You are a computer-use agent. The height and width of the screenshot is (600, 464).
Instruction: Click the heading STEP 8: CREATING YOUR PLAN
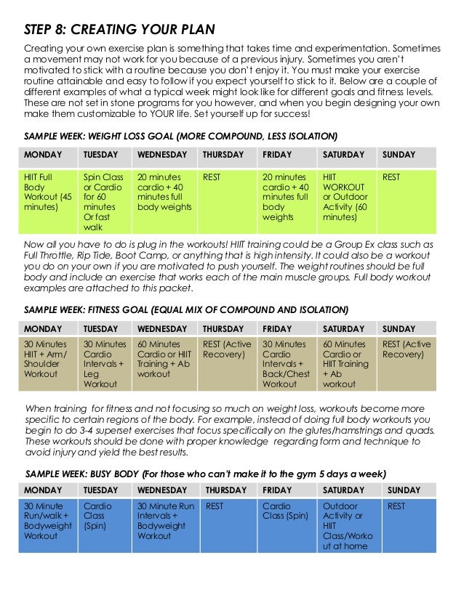tap(120, 29)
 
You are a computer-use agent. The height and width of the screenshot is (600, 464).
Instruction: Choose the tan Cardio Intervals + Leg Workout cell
tap(104, 364)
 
